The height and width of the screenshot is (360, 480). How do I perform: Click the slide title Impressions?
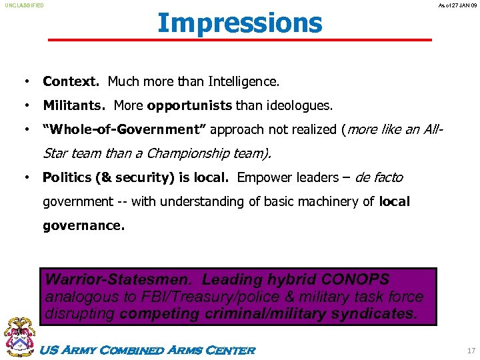pos(240,23)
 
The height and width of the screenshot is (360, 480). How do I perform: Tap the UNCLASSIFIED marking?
pos(25,5)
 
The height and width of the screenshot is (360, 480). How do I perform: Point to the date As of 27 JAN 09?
pos(458,5)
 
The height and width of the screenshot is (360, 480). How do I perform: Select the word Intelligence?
pos(244,82)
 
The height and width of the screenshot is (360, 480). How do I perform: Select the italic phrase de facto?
pos(379,177)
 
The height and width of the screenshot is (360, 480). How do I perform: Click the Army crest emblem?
pos(20,337)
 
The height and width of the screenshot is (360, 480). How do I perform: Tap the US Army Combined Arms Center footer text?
pos(148,350)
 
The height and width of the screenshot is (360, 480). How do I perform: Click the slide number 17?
pos(471,350)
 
